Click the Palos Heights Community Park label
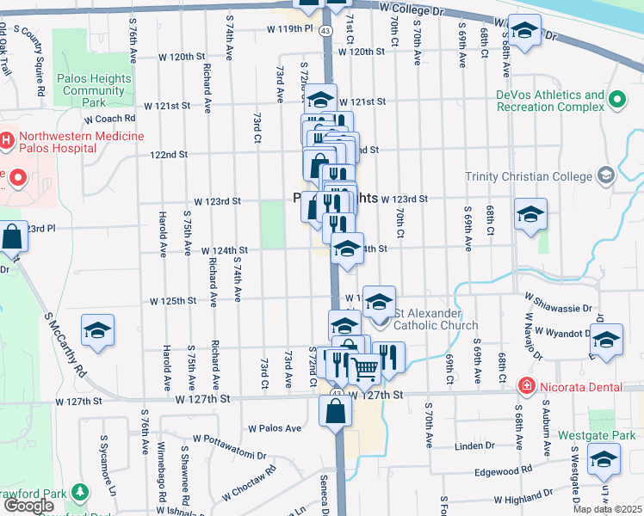(x=93, y=89)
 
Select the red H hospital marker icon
(x=6, y=138)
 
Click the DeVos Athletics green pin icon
(x=616, y=101)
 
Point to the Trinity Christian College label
(x=529, y=176)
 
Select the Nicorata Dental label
(x=580, y=387)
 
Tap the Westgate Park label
(x=596, y=436)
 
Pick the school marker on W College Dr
(x=523, y=32)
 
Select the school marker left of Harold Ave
(x=97, y=330)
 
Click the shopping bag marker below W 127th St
(x=335, y=411)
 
